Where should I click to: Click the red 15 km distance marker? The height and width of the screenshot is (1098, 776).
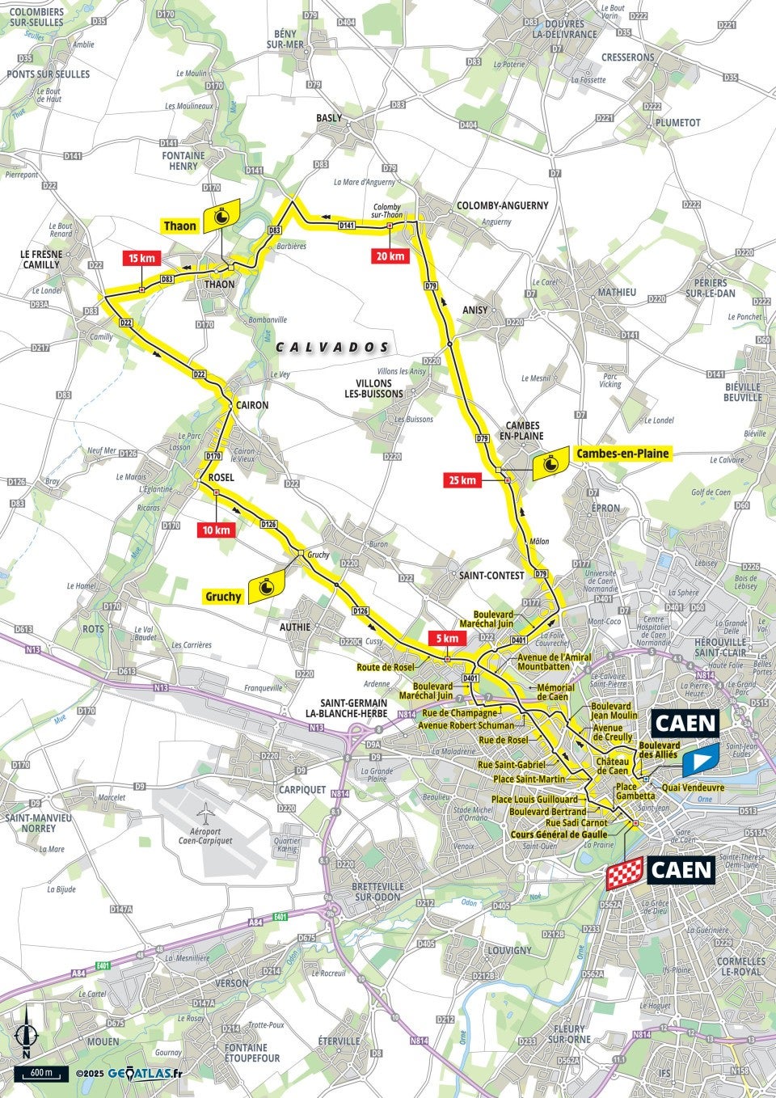(x=141, y=259)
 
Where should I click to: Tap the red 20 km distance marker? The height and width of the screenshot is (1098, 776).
(x=388, y=256)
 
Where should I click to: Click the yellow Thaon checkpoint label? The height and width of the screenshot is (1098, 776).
(x=179, y=226)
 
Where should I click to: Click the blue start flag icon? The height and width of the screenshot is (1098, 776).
(x=700, y=761)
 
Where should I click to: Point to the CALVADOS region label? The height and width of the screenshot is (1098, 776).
(x=332, y=347)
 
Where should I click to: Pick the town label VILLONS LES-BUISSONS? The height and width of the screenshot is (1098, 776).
(x=374, y=389)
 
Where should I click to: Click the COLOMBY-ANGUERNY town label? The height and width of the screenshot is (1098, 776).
(x=502, y=205)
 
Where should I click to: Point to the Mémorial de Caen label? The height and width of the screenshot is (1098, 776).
(x=556, y=692)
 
